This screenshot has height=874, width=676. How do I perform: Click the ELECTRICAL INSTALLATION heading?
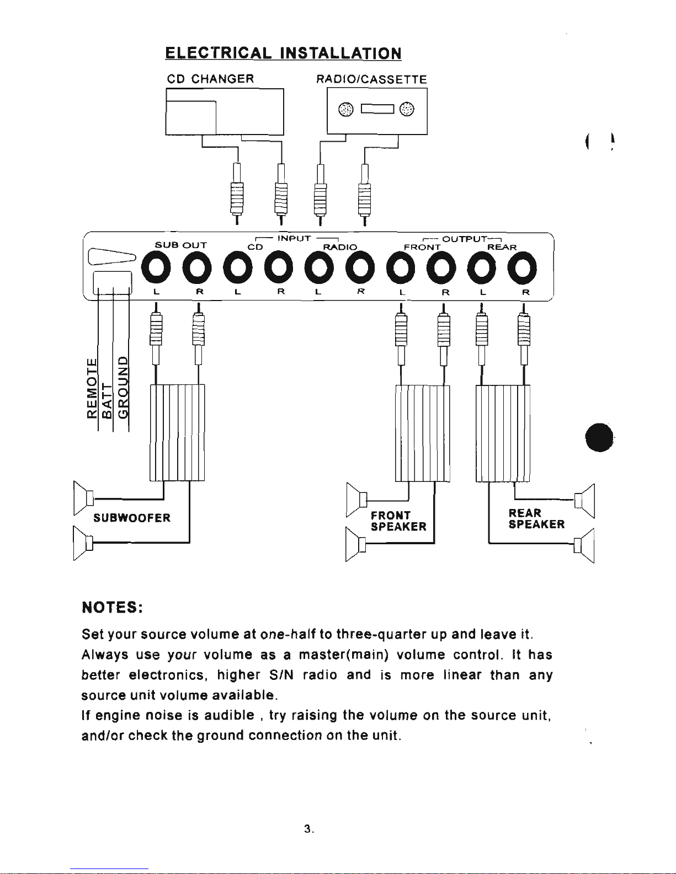click(x=283, y=53)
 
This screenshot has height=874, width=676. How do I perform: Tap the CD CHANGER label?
click(x=210, y=79)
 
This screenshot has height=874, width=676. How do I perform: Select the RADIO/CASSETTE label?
click(x=371, y=79)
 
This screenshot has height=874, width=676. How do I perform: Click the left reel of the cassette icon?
click(x=346, y=109)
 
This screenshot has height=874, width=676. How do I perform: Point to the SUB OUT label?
click(x=180, y=245)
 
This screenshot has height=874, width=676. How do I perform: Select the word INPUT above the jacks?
click(x=294, y=239)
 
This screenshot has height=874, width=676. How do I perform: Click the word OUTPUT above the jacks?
click(x=465, y=239)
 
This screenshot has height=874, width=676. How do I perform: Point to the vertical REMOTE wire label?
click(x=92, y=388)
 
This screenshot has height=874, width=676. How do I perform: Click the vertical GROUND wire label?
click(x=123, y=387)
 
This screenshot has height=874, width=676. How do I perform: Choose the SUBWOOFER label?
click(x=132, y=518)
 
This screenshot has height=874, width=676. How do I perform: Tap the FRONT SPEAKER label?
click(x=398, y=521)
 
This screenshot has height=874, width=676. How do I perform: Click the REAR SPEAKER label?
click(x=536, y=519)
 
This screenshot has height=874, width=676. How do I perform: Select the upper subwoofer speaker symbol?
click(x=84, y=498)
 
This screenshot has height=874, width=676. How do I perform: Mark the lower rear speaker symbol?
click(x=584, y=545)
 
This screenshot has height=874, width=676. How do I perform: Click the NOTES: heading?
click(x=112, y=607)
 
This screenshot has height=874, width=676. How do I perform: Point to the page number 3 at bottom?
click(x=308, y=829)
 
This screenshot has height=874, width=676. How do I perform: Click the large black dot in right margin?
click(x=599, y=438)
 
